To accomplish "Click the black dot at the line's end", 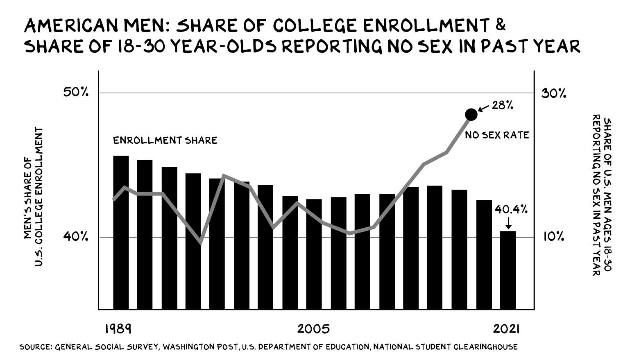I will pyautogui.click(x=471, y=115).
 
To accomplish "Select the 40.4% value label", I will pyautogui.click(x=510, y=210).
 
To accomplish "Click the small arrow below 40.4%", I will pyautogui.click(x=508, y=224).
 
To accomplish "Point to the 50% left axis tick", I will pyautogui.click(x=76, y=93).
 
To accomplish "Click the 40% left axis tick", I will pyautogui.click(x=76, y=237).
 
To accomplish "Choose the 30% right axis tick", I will pyautogui.click(x=554, y=93).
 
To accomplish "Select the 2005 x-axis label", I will pyautogui.click(x=313, y=329).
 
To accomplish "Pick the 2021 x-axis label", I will pyautogui.click(x=507, y=329).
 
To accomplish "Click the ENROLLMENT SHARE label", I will pyautogui.click(x=165, y=140).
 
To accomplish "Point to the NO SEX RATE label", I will pyautogui.click(x=497, y=135).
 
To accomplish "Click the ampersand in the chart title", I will pyautogui.click(x=500, y=26).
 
